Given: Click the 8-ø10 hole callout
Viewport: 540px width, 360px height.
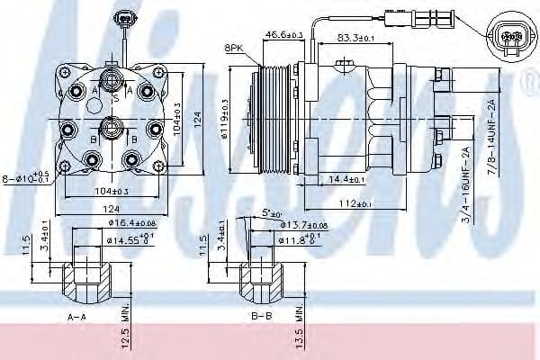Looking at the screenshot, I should click(x=27, y=177).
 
